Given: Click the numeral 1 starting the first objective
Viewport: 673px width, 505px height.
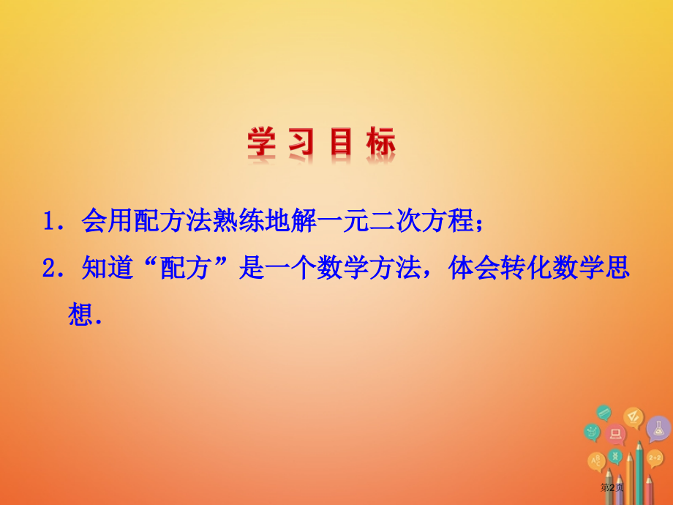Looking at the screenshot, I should click(50, 222).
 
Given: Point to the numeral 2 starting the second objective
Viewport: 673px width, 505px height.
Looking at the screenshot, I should click(50, 269).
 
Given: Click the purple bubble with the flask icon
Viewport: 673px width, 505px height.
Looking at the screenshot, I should click(658, 428).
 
